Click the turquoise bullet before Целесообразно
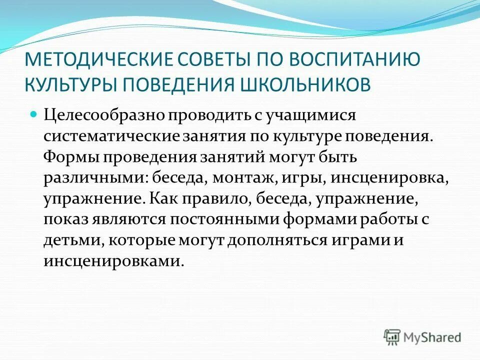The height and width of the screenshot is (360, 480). point(34,114)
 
